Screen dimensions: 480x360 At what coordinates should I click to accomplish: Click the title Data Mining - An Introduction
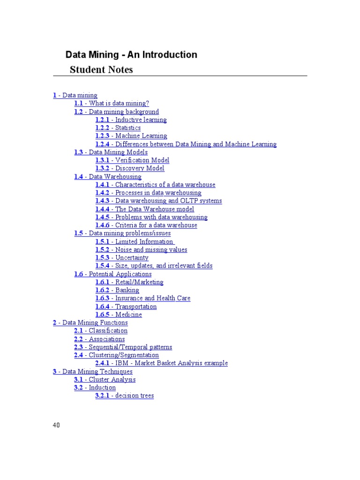(131, 55)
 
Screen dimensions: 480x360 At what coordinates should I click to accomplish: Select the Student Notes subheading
(101, 70)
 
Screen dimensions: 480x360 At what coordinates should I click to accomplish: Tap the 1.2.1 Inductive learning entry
(131, 120)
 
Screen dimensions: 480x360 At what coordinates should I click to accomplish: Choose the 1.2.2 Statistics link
(118, 128)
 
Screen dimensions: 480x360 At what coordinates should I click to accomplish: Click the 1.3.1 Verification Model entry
(132, 160)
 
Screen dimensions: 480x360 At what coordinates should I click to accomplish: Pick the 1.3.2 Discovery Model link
(130, 168)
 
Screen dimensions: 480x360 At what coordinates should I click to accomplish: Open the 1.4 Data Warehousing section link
(107, 177)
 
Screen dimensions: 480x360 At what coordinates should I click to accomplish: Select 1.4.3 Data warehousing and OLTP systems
(158, 201)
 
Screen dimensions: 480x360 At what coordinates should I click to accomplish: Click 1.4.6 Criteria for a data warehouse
(146, 225)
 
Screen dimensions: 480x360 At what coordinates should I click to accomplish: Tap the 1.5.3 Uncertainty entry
(122, 257)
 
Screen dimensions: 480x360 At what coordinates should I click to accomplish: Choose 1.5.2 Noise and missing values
(141, 249)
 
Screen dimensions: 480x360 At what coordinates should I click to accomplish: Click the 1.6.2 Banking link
(117, 290)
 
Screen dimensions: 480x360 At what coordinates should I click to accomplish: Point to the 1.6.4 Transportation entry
(126, 307)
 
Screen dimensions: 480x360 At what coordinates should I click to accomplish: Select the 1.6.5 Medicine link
(119, 315)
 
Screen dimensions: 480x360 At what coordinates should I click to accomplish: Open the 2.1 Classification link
(101, 330)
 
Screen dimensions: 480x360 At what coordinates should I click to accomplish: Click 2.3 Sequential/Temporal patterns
(123, 347)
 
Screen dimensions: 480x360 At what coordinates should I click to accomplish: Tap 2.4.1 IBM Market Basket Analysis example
(161, 363)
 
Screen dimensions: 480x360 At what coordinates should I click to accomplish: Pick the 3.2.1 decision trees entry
(124, 396)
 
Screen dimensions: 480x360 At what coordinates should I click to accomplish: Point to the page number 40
(56, 425)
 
